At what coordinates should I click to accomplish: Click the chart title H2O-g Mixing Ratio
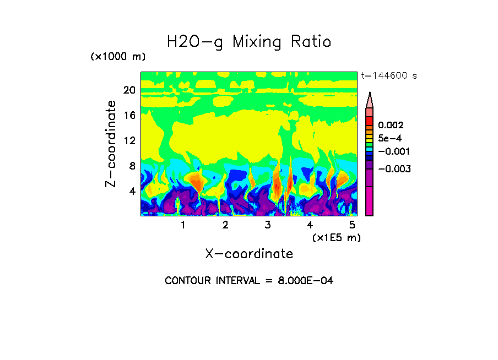coord(249,42)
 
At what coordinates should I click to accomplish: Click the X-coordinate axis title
coord(249,254)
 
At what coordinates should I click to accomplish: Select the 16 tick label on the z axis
coord(129,115)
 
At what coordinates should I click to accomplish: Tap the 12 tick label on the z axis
coord(129,140)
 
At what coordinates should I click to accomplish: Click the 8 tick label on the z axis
coord(132,166)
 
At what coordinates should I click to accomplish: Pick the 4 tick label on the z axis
coord(132,191)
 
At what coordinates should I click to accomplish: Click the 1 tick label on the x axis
coord(183,225)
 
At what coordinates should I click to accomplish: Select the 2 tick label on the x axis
coord(225,225)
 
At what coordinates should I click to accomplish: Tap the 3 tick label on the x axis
coord(268,225)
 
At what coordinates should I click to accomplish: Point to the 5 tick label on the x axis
coord(352,225)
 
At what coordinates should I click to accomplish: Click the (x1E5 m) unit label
coord(336,238)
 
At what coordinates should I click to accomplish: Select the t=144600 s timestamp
coord(388,76)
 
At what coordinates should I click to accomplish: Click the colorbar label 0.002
coord(391,126)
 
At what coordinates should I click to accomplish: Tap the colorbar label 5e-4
coord(389,138)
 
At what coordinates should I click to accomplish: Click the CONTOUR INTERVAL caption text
coord(249,281)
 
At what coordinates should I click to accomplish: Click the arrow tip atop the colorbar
coord(370,94)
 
